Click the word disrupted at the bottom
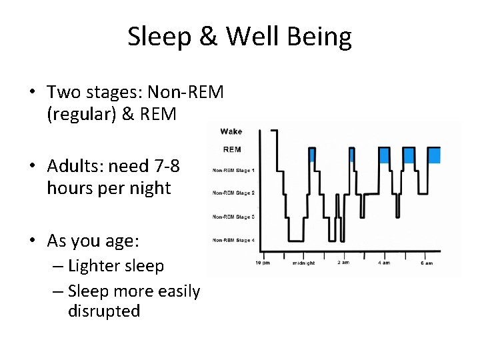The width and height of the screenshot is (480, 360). pyautogui.click(x=104, y=311)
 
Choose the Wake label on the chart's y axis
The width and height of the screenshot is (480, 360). pyautogui.click(x=231, y=131)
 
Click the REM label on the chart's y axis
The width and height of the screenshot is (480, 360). pyautogui.click(x=231, y=149)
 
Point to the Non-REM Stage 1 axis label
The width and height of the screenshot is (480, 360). pyautogui.click(x=233, y=171)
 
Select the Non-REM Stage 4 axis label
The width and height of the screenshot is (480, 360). pyautogui.click(x=233, y=240)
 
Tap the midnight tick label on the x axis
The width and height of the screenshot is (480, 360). pyautogui.click(x=304, y=263)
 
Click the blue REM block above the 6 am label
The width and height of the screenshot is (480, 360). pyautogui.click(x=433, y=155)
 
